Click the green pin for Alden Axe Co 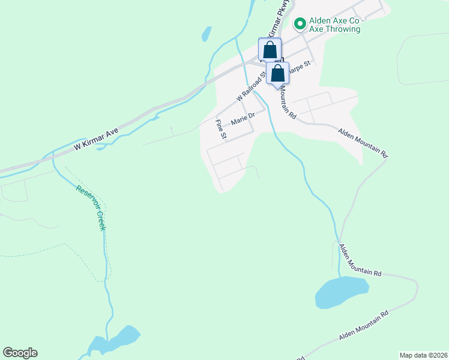pyautogui.click(x=300, y=24)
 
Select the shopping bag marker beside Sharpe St pyautogui.click(x=278, y=74)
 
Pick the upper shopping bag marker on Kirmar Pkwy pyautogui.click(x=270, y=49)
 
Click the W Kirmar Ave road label pyautogui.click(x=97, y=138)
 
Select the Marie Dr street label pyautogui.click(x=243, y=116)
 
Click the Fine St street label pyautogui.click(x=220, y=130)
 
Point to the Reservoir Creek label pyautogui.click(x=91, y=208)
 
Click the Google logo pyautogui.click(x=20, y=353)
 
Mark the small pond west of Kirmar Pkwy pyautogui.click(x=206, y=34)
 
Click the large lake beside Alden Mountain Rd pyautogui.click(x=340, y=292)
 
